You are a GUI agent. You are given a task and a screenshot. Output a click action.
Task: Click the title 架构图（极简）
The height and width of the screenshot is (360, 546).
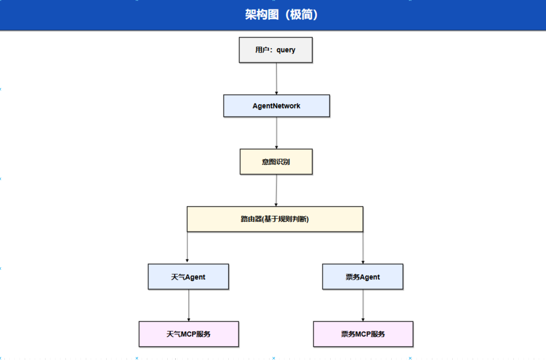point(281,15)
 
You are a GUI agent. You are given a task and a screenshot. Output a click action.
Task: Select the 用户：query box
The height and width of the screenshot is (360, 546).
point(276,50)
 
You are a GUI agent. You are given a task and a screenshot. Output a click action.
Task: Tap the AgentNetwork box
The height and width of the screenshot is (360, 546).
point(276,106)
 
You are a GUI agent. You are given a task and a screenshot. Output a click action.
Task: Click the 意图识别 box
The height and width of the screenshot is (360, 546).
point(276,162)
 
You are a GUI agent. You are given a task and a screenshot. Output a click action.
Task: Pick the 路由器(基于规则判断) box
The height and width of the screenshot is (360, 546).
point(275,219)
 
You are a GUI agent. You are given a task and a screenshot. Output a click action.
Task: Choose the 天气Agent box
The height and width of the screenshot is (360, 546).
point(188,277)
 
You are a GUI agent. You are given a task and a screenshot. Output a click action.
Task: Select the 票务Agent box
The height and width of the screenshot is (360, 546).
point(362,277)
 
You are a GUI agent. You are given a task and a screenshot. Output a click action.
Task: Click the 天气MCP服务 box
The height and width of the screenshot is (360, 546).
point(188,334)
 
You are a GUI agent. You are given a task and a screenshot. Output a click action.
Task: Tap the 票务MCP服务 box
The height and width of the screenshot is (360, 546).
point(363,334)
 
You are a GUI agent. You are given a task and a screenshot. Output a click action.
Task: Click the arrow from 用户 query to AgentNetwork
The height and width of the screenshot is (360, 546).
point(276,78)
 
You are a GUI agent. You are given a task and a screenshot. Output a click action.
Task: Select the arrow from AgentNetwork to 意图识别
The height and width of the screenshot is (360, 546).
point(277,132)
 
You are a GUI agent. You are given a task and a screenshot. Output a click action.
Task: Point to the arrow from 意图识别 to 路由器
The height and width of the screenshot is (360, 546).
point(276,190)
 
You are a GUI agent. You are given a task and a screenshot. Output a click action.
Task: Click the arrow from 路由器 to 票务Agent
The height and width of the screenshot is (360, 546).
point(363,247)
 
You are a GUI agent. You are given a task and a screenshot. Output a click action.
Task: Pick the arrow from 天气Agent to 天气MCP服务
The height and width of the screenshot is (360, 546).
point(189,305)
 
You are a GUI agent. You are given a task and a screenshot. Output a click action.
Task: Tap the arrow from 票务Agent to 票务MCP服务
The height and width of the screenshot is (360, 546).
point(363,305)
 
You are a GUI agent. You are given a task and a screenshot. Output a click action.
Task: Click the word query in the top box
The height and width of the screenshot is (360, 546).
point(286,50)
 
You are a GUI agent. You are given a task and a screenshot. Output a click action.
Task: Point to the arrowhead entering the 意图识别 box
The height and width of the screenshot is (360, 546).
point(277,147)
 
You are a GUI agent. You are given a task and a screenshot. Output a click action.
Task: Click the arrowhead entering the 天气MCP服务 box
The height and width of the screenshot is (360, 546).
point(189,320)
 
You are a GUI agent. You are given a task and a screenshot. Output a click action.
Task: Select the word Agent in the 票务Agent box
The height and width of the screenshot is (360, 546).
point(370,277)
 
